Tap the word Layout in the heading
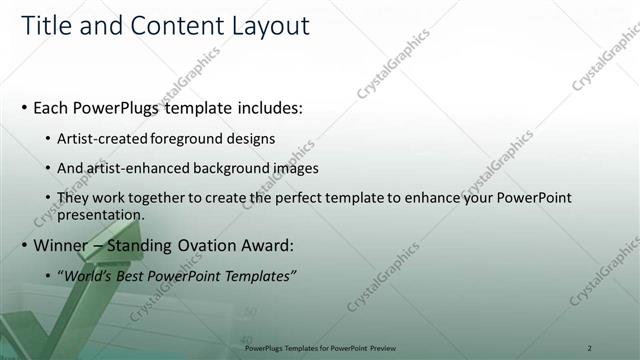point(266,26)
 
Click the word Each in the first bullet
point(53,107)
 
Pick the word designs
point(253,138)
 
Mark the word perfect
point(308,198)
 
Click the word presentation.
point(102,214)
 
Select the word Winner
point(63,245)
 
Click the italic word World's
point(89,276)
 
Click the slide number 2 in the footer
point(590,348)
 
